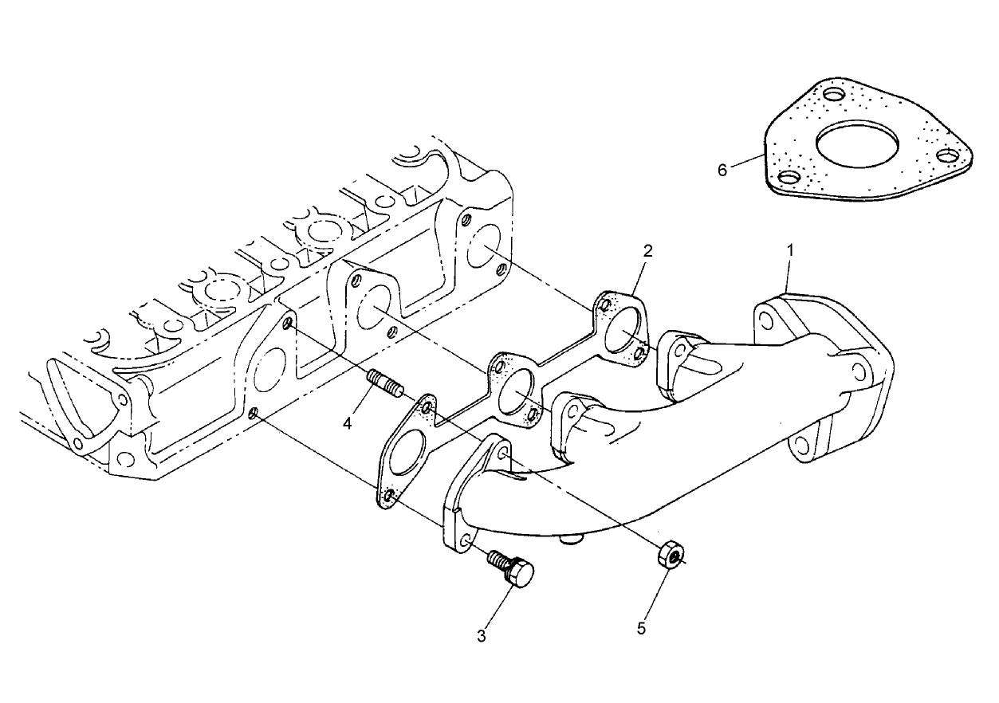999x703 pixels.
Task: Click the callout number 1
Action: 790,250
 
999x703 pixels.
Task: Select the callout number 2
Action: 648,250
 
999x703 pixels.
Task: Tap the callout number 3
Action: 481,635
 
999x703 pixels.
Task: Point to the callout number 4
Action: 347,423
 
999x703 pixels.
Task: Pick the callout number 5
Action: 642,629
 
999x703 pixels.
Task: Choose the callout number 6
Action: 722,170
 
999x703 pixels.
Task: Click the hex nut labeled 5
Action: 670,552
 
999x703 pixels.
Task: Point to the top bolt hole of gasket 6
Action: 834,95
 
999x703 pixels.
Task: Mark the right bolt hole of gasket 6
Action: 946,155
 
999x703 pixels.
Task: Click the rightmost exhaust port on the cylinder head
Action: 484,245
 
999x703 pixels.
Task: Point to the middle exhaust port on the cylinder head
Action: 372,308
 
